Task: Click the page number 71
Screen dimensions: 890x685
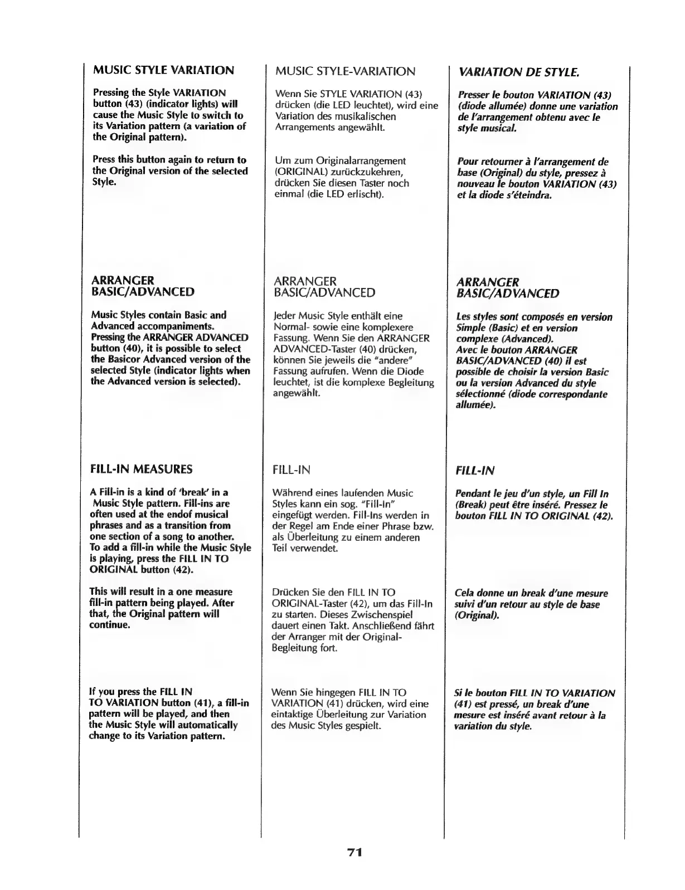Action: pos(354,852)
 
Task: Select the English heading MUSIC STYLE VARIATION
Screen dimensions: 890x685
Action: pos(163,70)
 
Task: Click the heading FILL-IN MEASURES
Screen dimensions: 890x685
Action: pos(141,469)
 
